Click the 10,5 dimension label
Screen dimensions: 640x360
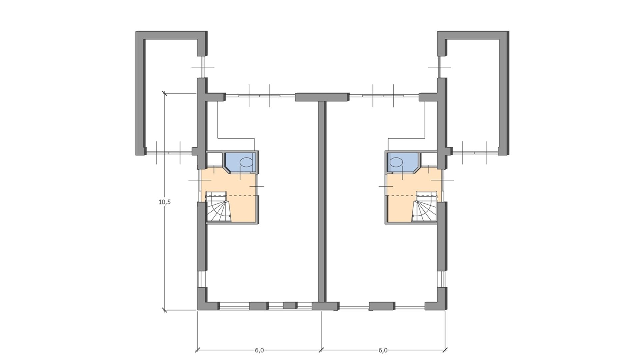[165, 202]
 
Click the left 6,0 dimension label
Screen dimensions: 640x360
[259, 350]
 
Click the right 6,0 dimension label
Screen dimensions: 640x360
[383, 350]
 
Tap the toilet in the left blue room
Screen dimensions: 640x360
[246, 162]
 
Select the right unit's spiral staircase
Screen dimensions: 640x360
[425, 207]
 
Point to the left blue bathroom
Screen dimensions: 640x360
[241, 162]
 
